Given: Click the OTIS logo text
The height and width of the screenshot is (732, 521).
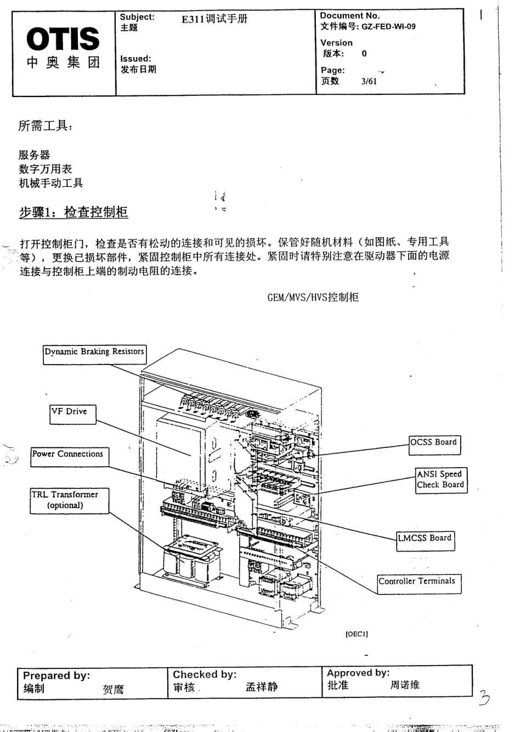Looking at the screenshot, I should tap(64, 39).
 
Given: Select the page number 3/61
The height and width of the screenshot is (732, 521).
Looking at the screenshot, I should tap(369, 82).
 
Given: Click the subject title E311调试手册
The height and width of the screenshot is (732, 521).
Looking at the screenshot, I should tap(214, 19).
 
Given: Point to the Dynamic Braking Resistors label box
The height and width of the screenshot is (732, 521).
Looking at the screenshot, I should tap(94, 353).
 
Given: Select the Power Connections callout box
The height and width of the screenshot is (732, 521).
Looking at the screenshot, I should tap(68, 455).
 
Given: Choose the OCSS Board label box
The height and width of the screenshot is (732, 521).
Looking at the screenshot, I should tap(434, 444).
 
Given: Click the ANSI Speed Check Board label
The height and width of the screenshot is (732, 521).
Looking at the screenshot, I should tap(440, 480).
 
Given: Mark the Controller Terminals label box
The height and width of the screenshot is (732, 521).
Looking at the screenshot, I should tap(417, 582).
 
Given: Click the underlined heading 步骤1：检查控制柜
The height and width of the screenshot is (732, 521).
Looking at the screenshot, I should tap(73, 212).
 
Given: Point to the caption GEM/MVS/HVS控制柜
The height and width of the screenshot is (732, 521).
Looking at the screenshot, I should tap(313, 297).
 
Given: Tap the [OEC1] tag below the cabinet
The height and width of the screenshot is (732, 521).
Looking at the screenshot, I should tap(356, 634).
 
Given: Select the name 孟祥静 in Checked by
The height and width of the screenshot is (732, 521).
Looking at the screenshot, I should tap(262, 688).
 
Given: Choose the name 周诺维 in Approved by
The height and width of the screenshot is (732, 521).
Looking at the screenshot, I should tap(404, 685).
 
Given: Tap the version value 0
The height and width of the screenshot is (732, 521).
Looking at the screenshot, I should tap(364, 54).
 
